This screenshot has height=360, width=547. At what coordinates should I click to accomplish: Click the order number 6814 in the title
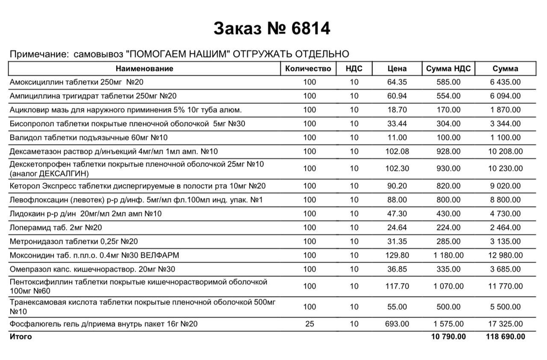coord(311,29)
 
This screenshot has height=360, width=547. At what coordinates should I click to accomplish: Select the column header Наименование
coord(144,68)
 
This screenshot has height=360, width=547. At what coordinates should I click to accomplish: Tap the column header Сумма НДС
coord(448,68)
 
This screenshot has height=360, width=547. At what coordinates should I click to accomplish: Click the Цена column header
coord(397,68)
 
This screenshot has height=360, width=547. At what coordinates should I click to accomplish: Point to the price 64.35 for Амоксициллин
coord(397,82)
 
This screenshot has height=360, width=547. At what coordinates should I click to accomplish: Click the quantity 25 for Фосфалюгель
coord(309,324)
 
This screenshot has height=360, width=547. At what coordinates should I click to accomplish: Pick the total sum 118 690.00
coord(506,337)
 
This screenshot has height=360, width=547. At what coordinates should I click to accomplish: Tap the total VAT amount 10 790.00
coord(448,337)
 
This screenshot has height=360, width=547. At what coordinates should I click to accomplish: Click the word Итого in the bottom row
coord(21,337)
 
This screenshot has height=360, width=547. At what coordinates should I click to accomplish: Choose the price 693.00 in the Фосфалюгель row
coord(397,324)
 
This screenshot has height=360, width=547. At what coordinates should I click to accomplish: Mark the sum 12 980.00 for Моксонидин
coord(506,255)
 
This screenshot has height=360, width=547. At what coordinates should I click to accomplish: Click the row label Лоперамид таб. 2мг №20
coord(56,228)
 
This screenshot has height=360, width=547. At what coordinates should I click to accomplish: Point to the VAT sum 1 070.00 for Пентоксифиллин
coord(448,286)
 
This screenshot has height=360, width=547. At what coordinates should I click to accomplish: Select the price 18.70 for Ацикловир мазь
coord(397,110)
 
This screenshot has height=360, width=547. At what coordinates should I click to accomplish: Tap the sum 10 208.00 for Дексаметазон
coord(506,151)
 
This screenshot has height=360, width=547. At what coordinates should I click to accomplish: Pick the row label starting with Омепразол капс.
coord(92,269)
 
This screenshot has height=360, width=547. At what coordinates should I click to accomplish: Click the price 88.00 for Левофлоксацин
coord(397,200)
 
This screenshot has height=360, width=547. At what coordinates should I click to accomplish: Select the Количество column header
coord(308,68)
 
